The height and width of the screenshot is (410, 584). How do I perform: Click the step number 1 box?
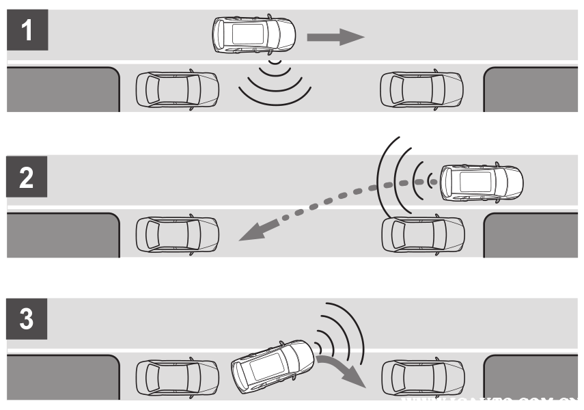[x=27, y=33]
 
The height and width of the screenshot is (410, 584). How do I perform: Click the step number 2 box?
[x=27, y=178]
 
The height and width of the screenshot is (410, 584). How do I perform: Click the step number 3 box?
[x=27, y=323]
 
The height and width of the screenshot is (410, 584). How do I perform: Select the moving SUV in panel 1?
[x=253, y=34]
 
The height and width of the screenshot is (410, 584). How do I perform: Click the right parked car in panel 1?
[x=421, y=90]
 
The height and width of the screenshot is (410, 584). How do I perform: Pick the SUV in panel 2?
[x=482, y=181]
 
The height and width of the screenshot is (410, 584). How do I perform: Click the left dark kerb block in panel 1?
[x=62, y=90]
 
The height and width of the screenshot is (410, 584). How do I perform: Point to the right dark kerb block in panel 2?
[x=533, y=235]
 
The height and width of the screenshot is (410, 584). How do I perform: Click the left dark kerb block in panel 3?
[x=62, y=377]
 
